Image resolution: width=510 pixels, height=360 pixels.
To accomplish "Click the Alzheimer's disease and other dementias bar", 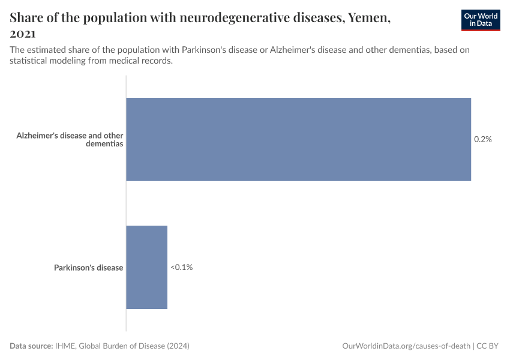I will (298, 139).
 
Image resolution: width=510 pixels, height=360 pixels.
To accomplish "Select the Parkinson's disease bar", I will (146, 268).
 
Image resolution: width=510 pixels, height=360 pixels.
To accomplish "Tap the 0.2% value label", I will (482, 139).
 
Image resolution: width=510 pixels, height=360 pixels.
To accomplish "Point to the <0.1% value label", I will (181, 268).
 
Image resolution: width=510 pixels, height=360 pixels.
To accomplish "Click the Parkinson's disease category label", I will (88, 268).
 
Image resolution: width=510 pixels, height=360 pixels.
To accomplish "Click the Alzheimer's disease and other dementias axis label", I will (70, 140).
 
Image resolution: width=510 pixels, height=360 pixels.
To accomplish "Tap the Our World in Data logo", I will (480, 20).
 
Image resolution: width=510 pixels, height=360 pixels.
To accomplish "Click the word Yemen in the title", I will (368, 17).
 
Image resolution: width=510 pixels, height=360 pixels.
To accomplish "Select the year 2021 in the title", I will (23, 34).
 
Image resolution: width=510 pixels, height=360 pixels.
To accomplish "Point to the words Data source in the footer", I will (31, 346).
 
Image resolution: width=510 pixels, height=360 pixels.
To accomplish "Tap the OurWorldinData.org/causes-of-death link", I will (406, 346).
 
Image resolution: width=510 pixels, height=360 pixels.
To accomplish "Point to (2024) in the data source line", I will (179, 346).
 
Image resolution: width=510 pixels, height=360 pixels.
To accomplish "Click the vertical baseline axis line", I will (126, 204).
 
